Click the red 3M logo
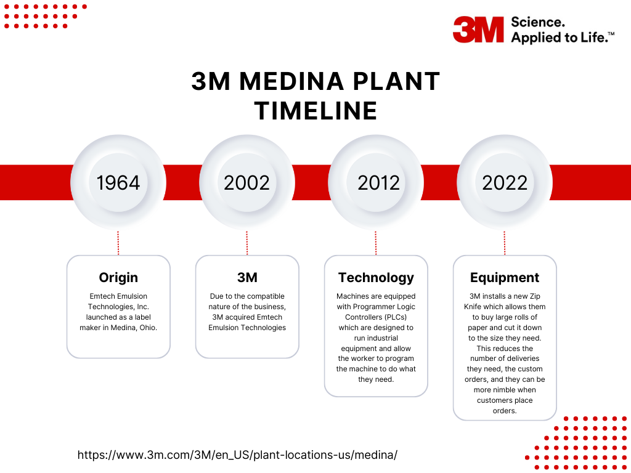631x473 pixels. (478, 30)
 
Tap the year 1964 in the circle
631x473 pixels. (118, 183)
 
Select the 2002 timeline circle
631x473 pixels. (247, 183)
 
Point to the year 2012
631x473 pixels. (378, 183)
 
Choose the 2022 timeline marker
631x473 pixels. (505, 183)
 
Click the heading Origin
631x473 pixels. (118, 277)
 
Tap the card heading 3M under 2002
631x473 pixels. (247, 277)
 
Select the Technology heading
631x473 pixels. (376, 277)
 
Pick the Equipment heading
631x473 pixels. (505, 277)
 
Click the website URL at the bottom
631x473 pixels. (237, 455)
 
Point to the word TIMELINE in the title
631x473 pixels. (315, 111)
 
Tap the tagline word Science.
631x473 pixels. (537, 22)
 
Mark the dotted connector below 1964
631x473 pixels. (118, 243)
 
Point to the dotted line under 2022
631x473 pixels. (505, 243)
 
